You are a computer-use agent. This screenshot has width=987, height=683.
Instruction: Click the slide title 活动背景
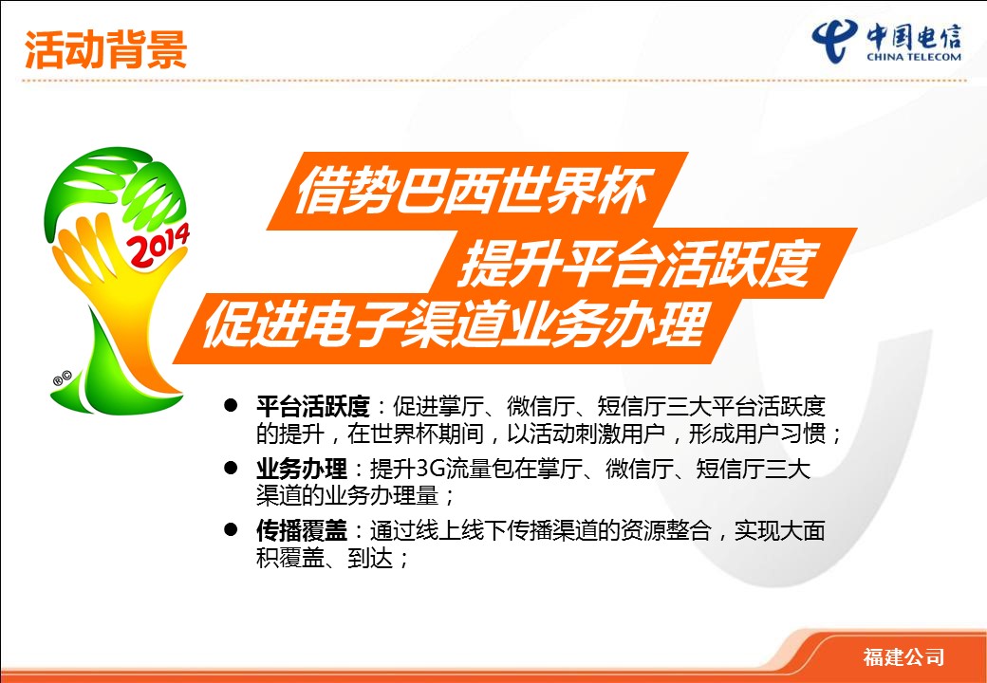105,49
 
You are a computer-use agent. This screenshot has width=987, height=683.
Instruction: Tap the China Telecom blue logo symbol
834,40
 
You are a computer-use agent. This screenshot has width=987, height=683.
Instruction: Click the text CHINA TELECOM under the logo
913,57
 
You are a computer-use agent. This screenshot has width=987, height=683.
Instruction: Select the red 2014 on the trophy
158,246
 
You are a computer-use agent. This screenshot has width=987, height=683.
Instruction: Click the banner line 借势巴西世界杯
472,191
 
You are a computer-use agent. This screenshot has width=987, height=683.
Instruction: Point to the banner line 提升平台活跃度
637,262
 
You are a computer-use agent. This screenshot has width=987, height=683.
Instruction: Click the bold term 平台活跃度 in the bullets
313,407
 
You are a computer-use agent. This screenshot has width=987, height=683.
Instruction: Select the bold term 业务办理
302,470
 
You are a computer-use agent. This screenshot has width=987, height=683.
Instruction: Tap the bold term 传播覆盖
302,531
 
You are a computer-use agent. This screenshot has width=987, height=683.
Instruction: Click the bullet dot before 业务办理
231,468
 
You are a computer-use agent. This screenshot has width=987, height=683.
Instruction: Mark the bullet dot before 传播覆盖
231,529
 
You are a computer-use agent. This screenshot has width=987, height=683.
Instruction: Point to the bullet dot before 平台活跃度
231,406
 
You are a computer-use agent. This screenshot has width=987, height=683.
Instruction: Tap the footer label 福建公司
903,657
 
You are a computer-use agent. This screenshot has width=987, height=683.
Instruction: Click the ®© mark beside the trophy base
63,378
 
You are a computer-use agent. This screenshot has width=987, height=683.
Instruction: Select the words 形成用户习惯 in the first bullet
757,434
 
